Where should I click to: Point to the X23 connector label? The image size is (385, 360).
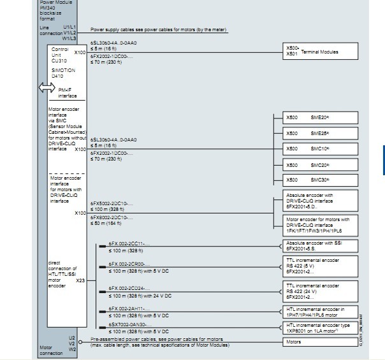tap(80, 280)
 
